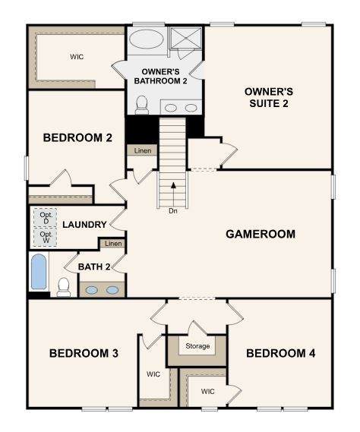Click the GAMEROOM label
click(x=261, y=234)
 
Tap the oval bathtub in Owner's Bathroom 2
click(x=146, y=39)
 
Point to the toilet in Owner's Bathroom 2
click(x=142, y=105)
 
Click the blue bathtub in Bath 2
click(x=39, y=272)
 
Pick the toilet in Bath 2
click(x=63, y=287)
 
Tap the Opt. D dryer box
click(x=46, y=218)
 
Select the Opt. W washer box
click(x=46, y=237)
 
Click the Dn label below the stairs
click(x=173, y=211)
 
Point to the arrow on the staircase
click(x=173, y=195)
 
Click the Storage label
click(x=197, y=345)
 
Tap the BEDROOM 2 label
click(x=77, y=137)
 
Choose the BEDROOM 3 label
click(x=84, y=353)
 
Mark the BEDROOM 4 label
click(x=280, y=353)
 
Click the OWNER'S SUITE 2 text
click(x=269, y=97)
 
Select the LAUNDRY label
click(x=84, y=225)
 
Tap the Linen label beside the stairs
click(x=143, y=150)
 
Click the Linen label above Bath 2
click(x=113, y=244)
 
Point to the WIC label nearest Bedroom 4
click(x=208, y=391)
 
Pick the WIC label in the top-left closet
click(x=77, y=57)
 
